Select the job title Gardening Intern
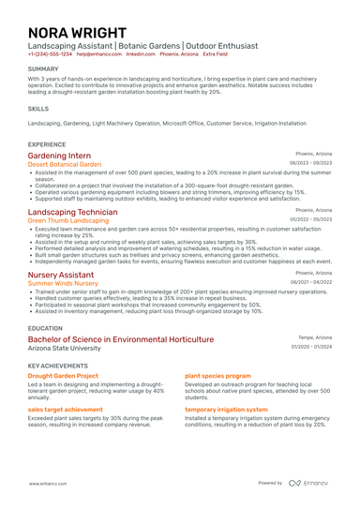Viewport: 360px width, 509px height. click(x=59, y=155)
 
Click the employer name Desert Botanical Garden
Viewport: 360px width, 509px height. click(x=65, y=164)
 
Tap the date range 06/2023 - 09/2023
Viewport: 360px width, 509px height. click(x=311, y=163)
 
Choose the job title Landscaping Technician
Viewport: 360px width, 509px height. click(x=73, y=213)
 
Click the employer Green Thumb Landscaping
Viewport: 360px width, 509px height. click(x=68, y=221)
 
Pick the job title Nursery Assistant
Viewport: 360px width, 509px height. click(x=61, y=275)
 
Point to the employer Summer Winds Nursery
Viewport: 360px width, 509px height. click(x=63, y=283)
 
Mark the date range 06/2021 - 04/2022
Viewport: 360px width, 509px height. click(x=311, y=282)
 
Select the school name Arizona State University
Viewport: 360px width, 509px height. click(x=64, y=348)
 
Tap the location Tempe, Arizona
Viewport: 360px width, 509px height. click(x=315, y=337)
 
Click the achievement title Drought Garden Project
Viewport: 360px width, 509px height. click(x=63, y=375)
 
